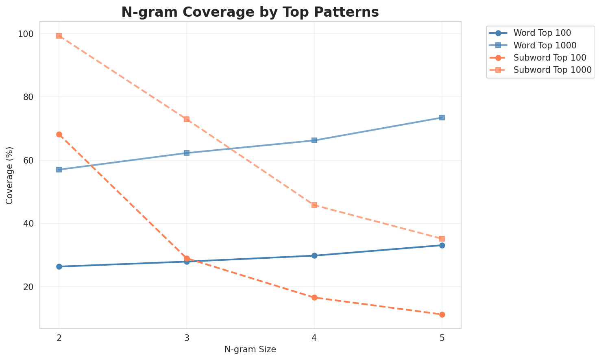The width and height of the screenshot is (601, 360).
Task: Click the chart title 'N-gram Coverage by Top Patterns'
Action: tap(250, 12)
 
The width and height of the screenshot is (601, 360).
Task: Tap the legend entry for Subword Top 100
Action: tap(544, 57)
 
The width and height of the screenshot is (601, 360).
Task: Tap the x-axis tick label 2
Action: tap(59, 338)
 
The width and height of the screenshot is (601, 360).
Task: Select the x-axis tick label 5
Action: tap(442, 338)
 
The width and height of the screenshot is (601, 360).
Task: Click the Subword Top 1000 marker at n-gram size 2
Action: tap(59, 36)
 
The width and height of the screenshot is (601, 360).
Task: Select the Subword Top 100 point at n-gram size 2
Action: tap(59, 135)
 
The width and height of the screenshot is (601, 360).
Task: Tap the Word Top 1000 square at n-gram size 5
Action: tap(442, 118)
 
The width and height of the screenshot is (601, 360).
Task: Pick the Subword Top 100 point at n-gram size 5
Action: tap(442, 314)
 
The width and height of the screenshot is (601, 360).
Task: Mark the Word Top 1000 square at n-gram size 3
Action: tap(187, 153)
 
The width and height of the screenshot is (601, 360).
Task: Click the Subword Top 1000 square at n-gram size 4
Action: tap(314, 205)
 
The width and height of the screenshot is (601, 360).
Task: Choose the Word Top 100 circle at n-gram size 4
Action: tap(314, 255)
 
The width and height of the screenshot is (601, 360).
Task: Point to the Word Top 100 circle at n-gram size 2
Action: tap(59, 266)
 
